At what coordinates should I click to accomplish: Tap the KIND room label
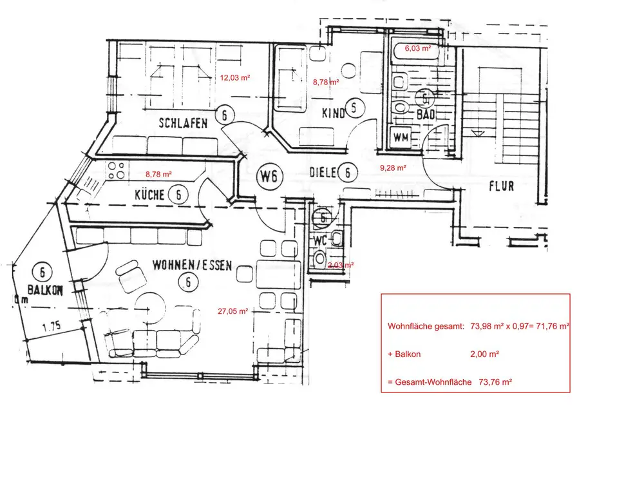(x=333, y=113)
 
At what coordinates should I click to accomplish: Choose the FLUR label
(x=502, y=186)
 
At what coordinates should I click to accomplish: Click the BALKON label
(x=45, y=289)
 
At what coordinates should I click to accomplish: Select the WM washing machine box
(x=401, y=137)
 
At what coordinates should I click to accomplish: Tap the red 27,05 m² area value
(x=232, y=311)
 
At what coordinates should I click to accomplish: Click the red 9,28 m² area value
(x=392, y=168)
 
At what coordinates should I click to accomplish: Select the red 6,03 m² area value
(x=417, y=48)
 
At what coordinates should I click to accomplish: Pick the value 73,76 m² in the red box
(x=495, y=382)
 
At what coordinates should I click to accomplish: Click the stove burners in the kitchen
(x=117, y=170)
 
